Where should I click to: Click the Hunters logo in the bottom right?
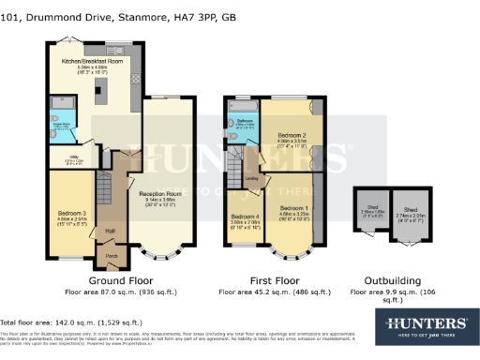[x=427, y=324]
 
